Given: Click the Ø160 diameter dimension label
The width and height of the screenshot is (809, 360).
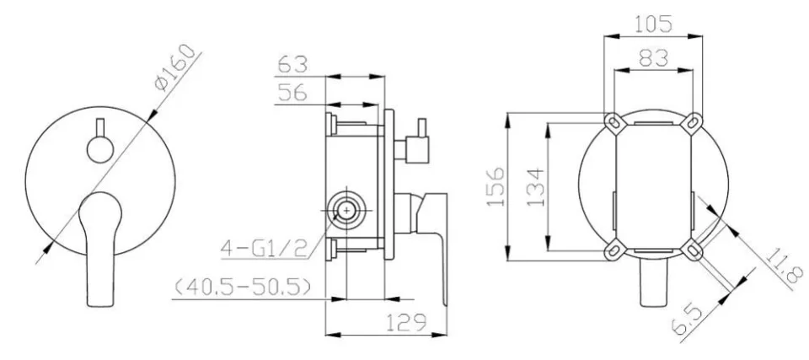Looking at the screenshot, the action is point(176,67).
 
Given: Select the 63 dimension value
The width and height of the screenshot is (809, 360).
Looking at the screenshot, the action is point(292,65).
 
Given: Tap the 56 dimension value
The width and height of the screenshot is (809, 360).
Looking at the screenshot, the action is point(292,93).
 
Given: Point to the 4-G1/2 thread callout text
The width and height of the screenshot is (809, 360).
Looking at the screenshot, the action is point(264,249).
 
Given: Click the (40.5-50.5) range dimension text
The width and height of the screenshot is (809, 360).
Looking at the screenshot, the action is point(243,287).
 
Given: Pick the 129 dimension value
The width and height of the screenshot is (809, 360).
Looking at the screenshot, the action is point(407,322).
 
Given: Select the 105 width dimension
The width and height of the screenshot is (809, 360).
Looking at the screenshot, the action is point(653,24).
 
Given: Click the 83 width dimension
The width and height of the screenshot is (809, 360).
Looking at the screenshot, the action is point(653,58).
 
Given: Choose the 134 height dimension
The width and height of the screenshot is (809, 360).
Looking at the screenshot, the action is point(535,186).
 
